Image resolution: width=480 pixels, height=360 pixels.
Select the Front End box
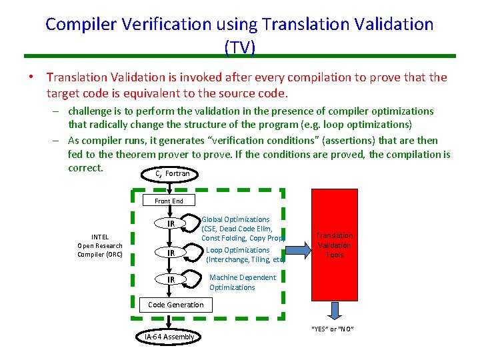[169, 201]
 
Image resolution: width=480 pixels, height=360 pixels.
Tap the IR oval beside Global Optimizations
[171, 223]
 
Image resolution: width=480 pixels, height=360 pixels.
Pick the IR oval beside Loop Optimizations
[171, 253]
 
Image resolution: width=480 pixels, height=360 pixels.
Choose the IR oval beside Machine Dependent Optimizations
[171, 279]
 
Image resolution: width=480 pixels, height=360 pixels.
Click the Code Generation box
[175, 305]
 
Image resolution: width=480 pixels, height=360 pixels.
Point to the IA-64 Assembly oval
[169, 337]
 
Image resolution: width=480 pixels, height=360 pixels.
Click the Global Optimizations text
[235, 219]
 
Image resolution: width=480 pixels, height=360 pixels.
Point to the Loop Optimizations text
[237, 250]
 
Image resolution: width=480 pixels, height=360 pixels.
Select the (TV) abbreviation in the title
[239, 46]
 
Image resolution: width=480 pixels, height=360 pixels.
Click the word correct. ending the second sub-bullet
[85, 167]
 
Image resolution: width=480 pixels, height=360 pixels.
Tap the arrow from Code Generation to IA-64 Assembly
[171, 321]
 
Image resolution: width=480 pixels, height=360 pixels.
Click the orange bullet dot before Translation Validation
[31, 78]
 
